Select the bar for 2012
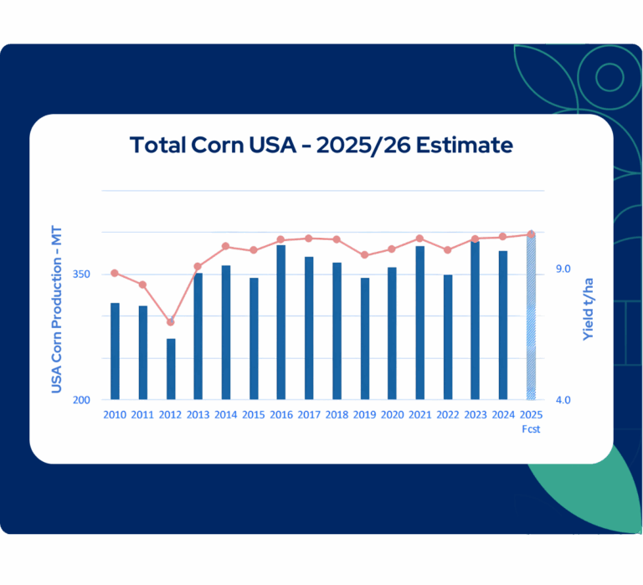click(x=171, y=369)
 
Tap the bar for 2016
click(x=281, y=322)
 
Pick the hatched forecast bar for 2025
click(x=531, y=316)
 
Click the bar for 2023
click(x=476, y=321)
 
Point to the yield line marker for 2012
click(x=171, y=322)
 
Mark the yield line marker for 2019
click(x=364, y=255)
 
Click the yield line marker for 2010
click(x=115, y=273)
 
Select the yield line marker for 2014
click(x=225, y=246)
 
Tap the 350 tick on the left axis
click(x=81, y=275)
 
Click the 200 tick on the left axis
click(x=81, y=400)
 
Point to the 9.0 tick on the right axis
click(x=563, y=269)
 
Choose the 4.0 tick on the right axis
click(x=563, y=400)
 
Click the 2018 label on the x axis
click(x=337, y=415)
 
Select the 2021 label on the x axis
click(x=420, y=415)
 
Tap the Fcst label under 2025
click(x=531, y=429)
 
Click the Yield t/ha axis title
click(x=588, y=309)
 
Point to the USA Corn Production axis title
click(x=57, y=309)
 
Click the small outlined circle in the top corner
click(x=610, y=77)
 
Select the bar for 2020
click(x=392, y=333)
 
